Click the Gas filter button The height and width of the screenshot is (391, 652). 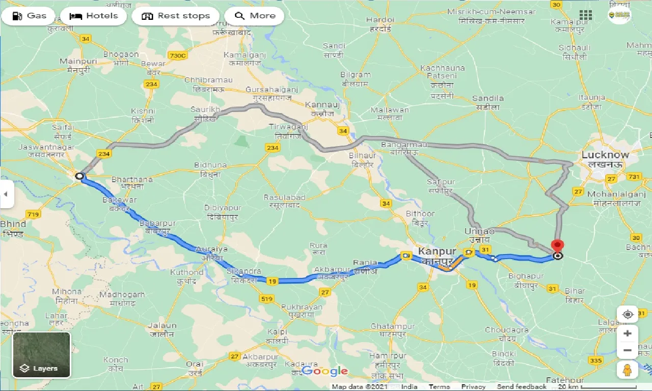[29, 16]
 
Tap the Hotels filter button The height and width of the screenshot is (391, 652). [94, 16]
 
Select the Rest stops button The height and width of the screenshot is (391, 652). [176, 16]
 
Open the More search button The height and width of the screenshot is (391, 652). [255, 16]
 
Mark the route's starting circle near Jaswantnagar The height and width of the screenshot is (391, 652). [79, 176]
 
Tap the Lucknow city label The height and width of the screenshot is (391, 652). [605, 155]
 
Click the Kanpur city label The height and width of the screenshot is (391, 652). [437, 252]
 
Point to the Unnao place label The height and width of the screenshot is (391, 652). [479, 231]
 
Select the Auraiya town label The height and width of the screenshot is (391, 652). [211, 249]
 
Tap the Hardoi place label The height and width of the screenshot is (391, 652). [380, 20]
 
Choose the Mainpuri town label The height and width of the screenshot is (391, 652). [74, 62]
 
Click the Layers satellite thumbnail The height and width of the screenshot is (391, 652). [41, 355]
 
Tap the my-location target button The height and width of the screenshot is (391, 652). [628, 315]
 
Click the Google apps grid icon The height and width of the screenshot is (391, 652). [586, 15]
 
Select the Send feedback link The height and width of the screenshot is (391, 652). [522, 387]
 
